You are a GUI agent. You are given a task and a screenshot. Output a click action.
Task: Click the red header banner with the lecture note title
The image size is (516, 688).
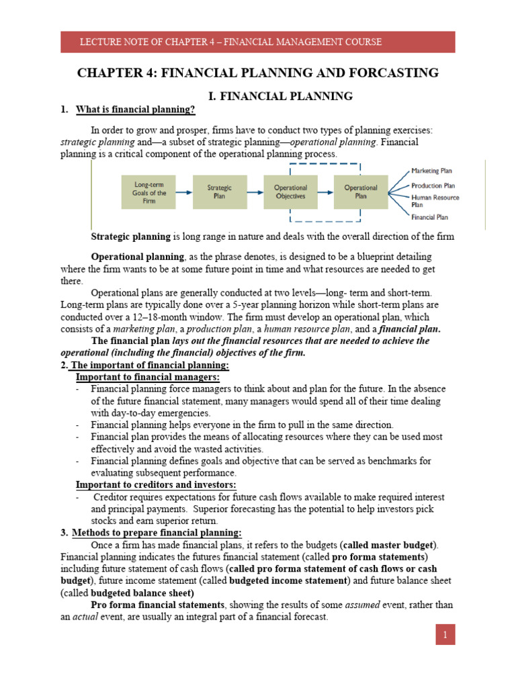coord(258,42)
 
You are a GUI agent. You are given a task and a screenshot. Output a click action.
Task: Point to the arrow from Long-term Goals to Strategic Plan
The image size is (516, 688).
coord(183,191)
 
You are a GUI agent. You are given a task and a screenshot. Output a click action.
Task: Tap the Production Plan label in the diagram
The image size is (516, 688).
coord(433,185)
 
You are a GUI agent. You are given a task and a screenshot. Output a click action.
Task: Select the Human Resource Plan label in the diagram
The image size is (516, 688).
coord(435,201)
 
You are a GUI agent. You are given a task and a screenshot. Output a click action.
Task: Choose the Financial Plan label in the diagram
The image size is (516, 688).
coord(430,217)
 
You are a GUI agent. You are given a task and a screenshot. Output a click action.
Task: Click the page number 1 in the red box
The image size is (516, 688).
coord(445,634)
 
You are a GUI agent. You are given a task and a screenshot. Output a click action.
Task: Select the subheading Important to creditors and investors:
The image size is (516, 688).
coord(155,484)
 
